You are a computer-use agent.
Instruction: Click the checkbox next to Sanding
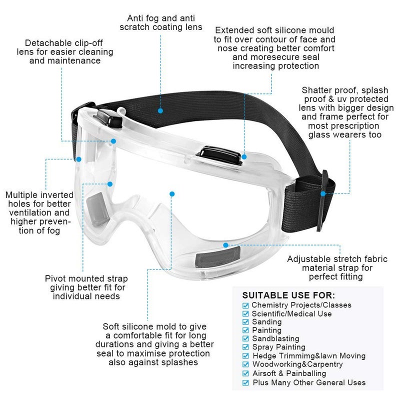[x=245, y=322]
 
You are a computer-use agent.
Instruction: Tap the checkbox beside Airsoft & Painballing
[x=245, y=373]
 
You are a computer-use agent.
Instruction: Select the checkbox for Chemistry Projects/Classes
[x=245, y=305]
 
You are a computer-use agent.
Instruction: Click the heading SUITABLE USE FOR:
[x=288, y=295]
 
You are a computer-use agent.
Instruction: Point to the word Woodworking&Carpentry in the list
[x=297, y=364]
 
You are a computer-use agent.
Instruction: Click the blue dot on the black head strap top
[x=160, y=110]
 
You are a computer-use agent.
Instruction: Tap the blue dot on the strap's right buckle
[x=323, y=193]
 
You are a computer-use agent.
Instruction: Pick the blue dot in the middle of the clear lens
[x=172, y=194]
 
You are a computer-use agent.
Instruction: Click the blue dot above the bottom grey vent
[x=225, y=245]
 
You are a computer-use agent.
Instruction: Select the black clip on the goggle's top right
[x=219, y=155]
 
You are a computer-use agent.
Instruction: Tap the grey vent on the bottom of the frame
[x=217, y=257]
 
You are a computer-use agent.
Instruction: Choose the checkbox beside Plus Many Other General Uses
[x=245, y=382]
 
